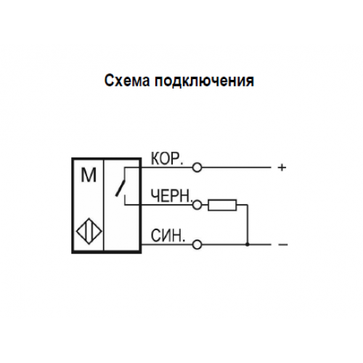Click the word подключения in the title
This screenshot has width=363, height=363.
205,81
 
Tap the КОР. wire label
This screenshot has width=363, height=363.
166,159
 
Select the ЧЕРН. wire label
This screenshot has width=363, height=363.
171,195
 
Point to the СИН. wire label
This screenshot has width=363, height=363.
168,235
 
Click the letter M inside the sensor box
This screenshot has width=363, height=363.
89,175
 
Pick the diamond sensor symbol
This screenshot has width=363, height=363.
89,231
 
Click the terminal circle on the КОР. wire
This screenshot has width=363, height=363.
197,167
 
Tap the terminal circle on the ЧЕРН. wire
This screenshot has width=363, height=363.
197,205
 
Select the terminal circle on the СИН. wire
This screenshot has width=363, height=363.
197,245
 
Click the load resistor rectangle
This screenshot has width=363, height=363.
222,205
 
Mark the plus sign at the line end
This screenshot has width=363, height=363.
282,168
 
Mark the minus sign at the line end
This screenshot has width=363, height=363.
282,245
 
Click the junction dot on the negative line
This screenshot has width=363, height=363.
247,245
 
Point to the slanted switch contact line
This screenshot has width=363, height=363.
121,188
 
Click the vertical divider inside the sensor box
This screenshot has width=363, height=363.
104,205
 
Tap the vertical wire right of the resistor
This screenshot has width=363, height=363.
248,224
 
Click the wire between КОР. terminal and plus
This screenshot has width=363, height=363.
236,167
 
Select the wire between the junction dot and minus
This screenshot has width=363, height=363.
259,245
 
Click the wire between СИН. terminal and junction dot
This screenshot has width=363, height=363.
224,245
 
